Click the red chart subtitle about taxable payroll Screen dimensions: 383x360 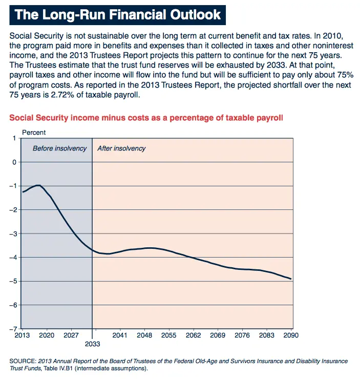pos(146,118)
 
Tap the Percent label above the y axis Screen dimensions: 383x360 pos(34,133)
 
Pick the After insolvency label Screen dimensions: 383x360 pos(121,148)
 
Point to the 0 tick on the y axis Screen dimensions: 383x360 pos(14,162)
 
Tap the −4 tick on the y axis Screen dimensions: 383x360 pos(13,257)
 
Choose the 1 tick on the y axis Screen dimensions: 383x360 pos(14,138)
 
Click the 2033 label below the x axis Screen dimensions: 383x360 pos(92,344)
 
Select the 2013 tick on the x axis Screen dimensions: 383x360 pos(22,335)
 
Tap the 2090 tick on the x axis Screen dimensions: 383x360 pos(291,335)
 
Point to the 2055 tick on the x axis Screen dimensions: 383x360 pos(168,335)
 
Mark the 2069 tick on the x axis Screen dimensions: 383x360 pos(218,335)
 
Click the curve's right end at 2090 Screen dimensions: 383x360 pos(291,279)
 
